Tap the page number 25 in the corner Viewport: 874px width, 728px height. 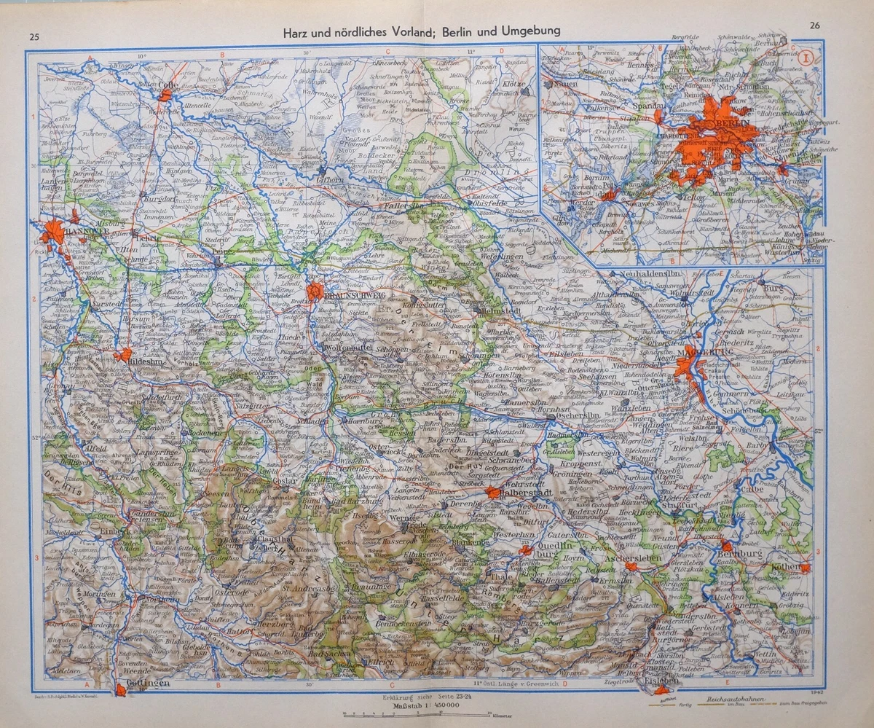(34, 37)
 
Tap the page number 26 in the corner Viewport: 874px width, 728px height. (815, 26)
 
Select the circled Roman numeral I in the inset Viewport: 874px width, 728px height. (805, 58)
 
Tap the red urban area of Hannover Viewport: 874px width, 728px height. (53, 233)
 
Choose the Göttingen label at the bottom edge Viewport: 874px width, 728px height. (151, 683)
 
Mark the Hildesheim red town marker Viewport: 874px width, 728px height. (122, 354)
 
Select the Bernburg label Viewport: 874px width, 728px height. (743, 555)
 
